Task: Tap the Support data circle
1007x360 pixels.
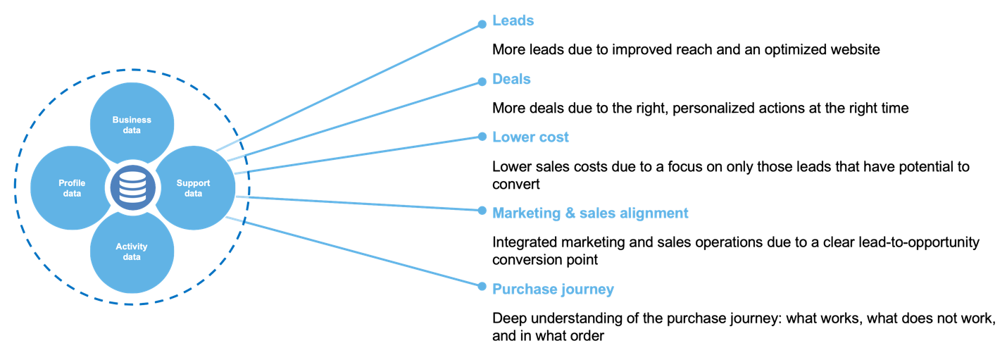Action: pos(194,187)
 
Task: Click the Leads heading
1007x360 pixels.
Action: pos(513,21)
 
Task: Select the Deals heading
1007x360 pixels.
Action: pos(511,79)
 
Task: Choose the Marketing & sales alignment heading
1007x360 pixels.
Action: pos(590,213)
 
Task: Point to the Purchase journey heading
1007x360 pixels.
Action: pos(553,289)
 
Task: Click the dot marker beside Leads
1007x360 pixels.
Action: pos(482,24)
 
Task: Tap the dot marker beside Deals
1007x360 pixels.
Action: pos(482,82)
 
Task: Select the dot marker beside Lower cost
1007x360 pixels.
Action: pos(482,136)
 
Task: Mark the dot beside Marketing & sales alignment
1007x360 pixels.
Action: pos(482,211)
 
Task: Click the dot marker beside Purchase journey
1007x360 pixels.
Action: pos(482,286)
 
